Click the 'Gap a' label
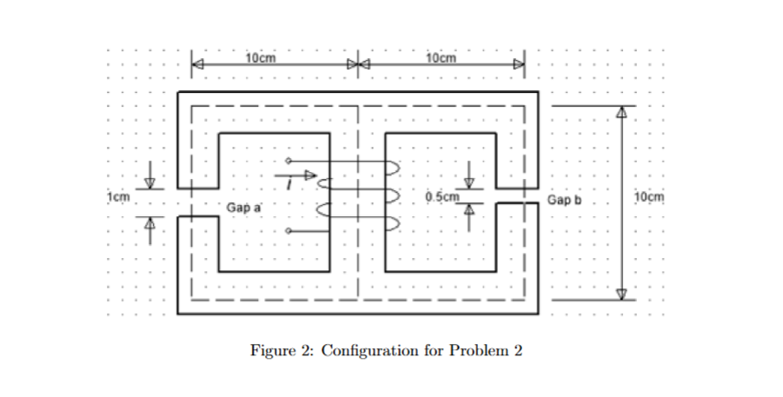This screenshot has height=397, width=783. coord(243,208)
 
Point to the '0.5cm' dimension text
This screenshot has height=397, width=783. coord(441,196)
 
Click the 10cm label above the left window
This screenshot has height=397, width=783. coord(261,57)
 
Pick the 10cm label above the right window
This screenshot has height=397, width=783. coord(443,57)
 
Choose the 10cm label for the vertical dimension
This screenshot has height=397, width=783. coord(649,196)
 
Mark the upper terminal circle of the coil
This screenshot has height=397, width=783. coord(289,162)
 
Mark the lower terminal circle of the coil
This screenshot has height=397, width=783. coord(289,231)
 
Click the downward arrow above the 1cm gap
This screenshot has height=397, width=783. coord(149,181)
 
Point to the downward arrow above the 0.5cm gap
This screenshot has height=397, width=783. coord(470,181)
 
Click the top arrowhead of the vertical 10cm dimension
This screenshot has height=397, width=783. coord(621,112)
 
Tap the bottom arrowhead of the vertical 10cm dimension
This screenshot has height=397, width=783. coord(621,293)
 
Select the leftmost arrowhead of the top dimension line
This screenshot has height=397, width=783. coord(198,64)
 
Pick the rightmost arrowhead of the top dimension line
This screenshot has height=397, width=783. coord(519,64)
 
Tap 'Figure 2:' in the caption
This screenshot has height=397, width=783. coord(282,351)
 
